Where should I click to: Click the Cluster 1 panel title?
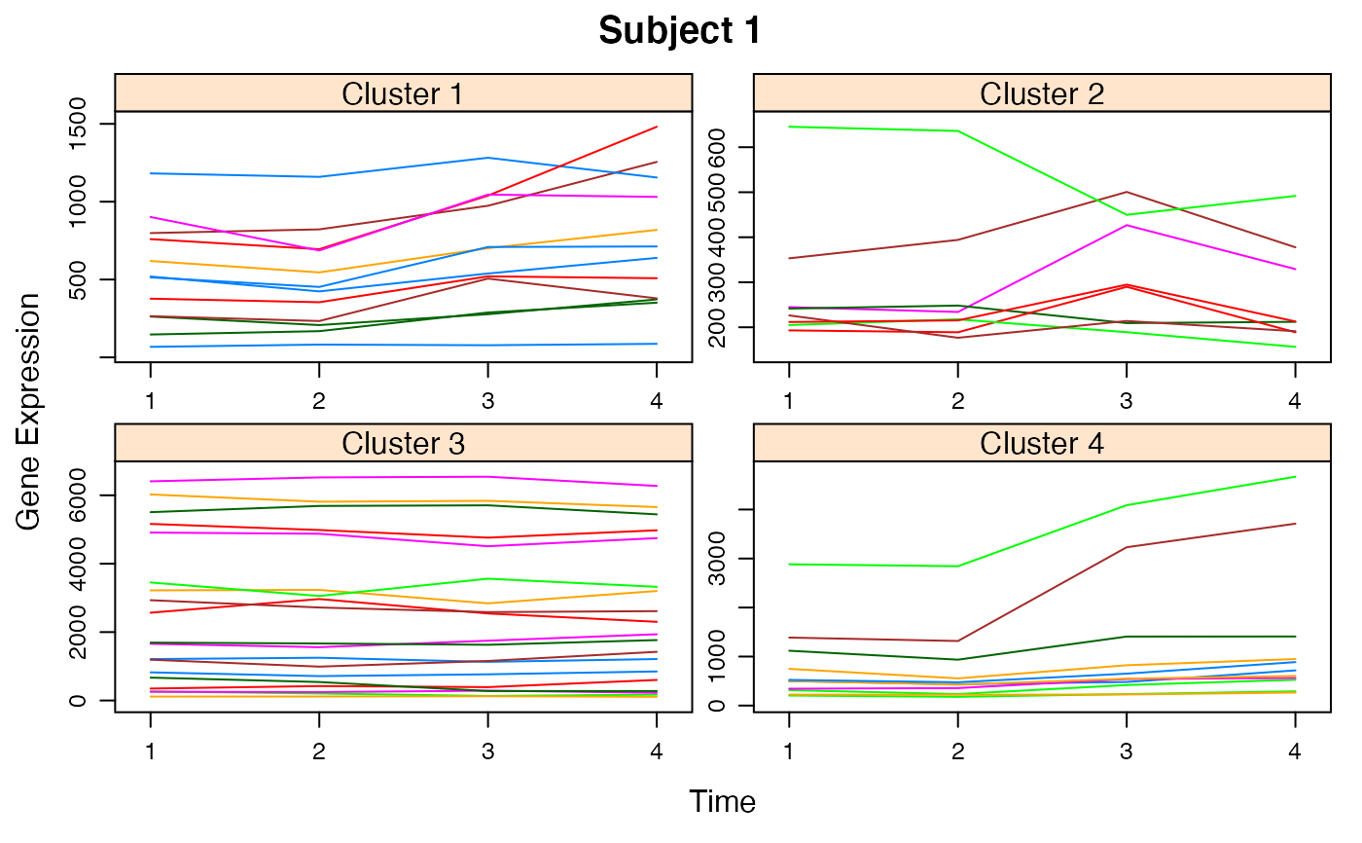[x=403, y=94]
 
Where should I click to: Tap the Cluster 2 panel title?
[x=1041, y=94]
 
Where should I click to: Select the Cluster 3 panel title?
[x=403, y=444]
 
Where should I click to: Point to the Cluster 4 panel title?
[x=1041, y=444]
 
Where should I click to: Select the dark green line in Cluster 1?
[x=409, y=322]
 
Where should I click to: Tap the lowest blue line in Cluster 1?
[x=409, y=345]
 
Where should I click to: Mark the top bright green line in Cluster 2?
[x=876, y=129]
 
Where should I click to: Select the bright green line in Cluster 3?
[x=409, y=587]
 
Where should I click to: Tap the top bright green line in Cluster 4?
[x=1041, y=536]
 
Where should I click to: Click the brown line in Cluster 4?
[x=1041, y=595]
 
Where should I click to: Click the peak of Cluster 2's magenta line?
[x=1128, y=225]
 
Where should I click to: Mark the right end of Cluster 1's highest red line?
[x=659, y=127]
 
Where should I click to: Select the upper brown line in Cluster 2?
[x=1041, y=216]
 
